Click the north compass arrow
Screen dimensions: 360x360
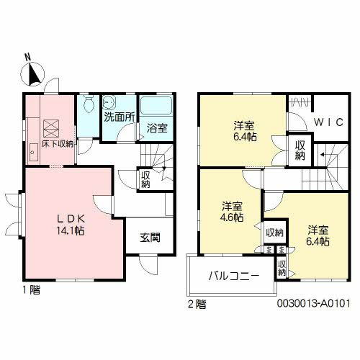click(35, 72)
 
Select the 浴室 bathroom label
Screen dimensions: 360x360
click(157, 128)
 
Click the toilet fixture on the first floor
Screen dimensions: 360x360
click(87, 105)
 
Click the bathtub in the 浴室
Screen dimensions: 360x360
click(156, 107)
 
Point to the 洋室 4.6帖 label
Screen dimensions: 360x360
click(232, 210)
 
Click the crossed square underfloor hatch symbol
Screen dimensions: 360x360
click(53, 129)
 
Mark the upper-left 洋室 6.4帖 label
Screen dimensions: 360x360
click(243, 128)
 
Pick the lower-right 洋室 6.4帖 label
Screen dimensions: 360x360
click(318, 236)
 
